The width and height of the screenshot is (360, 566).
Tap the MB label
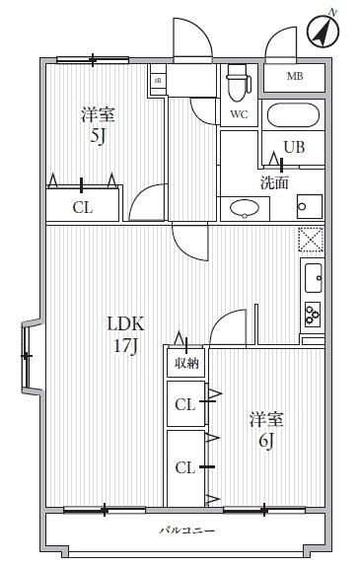point(294,77)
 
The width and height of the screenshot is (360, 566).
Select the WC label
point(238,114)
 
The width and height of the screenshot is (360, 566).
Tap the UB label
point(294,148)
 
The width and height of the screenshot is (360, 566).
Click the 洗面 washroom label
point(274,182)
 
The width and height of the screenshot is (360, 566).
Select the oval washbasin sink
point(243,207)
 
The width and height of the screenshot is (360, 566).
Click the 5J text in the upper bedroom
point(99,137)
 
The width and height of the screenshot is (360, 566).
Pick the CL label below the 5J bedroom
point(83,207)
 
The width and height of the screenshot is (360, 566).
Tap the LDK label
point(126,323)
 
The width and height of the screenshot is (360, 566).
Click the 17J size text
point(126,346)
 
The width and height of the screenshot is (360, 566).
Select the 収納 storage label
point(185,363)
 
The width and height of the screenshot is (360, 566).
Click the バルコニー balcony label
point(184,531)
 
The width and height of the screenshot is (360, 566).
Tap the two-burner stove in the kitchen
point(312,315)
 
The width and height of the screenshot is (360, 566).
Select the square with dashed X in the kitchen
point(312,240)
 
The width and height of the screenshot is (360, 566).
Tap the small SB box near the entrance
point(157,78)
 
